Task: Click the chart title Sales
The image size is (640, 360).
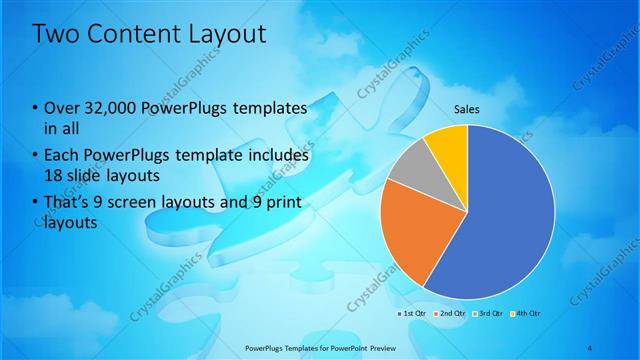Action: [x=467, y=108]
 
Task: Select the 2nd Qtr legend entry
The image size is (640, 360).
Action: [x=453, y=313]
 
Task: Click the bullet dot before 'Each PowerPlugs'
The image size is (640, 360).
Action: [x=36, y=157]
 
